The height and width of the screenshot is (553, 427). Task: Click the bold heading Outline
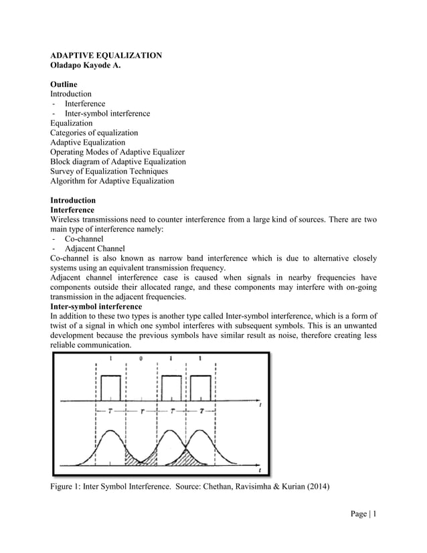click(64, 84)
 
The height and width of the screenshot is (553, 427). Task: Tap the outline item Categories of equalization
click(94, 133)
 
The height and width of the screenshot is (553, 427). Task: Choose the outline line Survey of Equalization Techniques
click(109, 171)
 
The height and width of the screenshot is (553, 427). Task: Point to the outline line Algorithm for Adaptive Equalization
click(112, 181)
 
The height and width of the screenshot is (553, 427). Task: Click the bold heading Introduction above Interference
click(73, 200)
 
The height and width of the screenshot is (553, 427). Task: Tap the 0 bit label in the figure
click(141, 359)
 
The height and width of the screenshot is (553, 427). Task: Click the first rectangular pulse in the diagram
click(111, 387)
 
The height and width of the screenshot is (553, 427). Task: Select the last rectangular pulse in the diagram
click(201, 387)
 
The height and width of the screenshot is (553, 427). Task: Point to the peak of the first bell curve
click(111, 431)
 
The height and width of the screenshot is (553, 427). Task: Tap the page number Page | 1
click(363, 513)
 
